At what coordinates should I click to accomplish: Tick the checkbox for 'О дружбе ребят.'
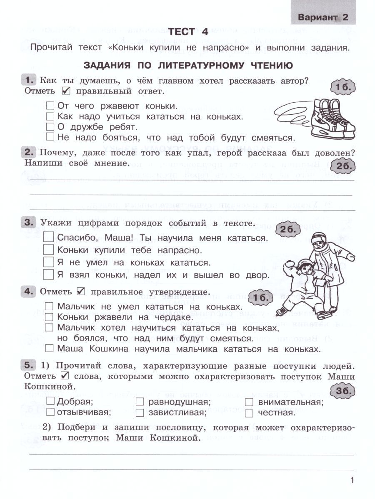coord(50,126)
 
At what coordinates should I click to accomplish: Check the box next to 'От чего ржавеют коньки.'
coord(50,106)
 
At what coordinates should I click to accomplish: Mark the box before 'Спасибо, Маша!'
coord(49,238)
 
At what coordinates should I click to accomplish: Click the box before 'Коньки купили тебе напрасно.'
coord(49,250)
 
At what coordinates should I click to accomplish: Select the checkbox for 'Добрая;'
coord(50,401)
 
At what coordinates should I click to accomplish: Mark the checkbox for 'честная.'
coord(249,413)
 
